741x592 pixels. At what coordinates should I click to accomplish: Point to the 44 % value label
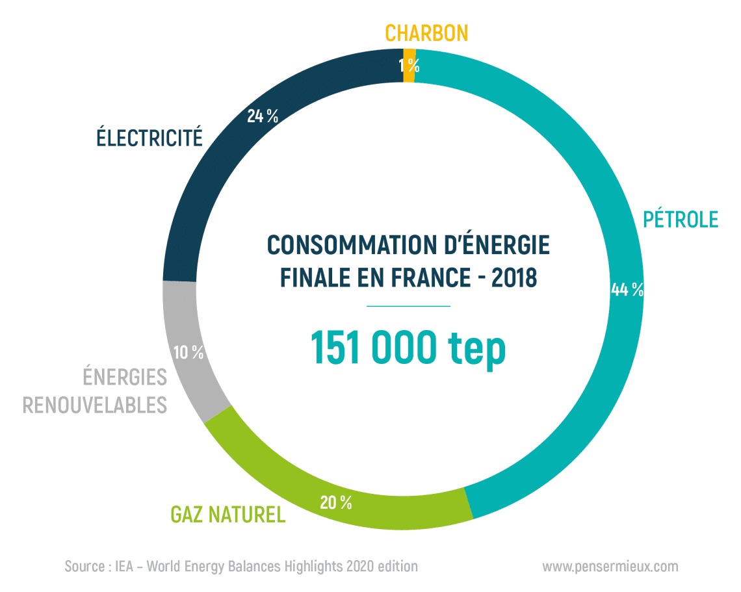(x=627, y=290)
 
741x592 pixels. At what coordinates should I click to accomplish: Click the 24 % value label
(x=263, y=116)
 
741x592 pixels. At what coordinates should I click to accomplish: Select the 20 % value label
(x=335, y=502)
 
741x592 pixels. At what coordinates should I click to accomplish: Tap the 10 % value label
(x=188, y=353)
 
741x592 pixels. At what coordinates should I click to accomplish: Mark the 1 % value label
(x=409, y=65)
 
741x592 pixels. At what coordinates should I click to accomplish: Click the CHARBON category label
(x=426, y=32)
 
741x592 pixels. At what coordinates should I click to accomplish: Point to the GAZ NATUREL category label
(x=227, y=515)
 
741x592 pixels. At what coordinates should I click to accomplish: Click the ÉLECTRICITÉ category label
(x=149, y=138)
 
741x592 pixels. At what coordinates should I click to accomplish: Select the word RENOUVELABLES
(x=95, y=405)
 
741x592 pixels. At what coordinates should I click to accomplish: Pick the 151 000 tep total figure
(x=408, y=348)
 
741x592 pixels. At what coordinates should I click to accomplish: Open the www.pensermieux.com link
(x=610, y=567)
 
